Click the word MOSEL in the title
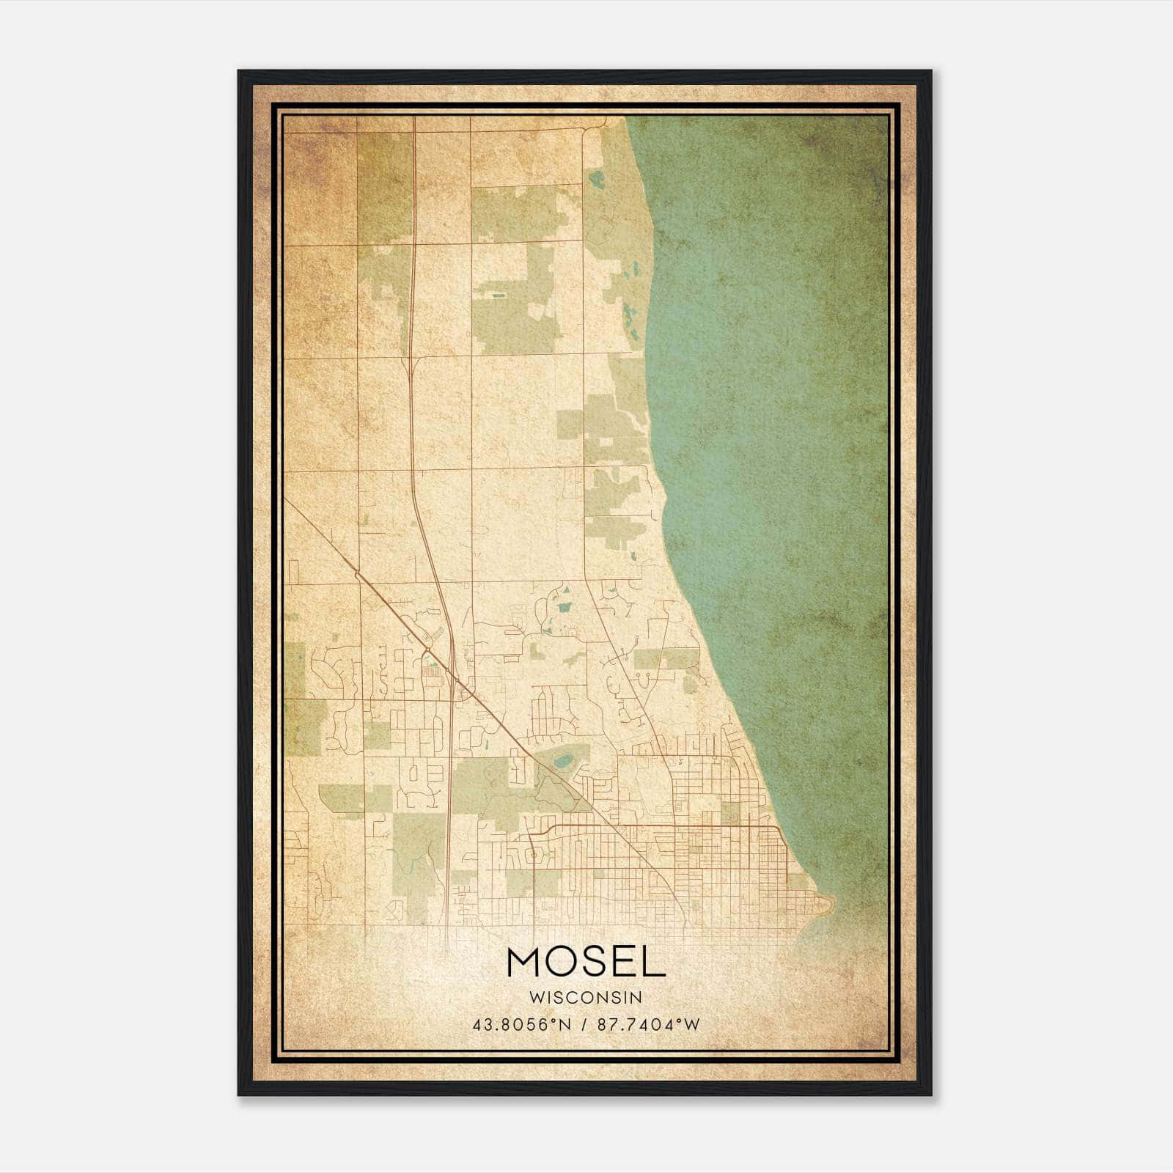tap(585, 962)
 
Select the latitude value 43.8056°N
tap(522, 1024)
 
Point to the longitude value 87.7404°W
tap(649, 1024)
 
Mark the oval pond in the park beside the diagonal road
tap(565, 762)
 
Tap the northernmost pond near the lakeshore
tap(596, 179)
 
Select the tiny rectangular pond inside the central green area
tap(499, 295)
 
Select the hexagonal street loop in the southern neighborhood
tap(534, 855)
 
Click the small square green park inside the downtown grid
tap(729, 812)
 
